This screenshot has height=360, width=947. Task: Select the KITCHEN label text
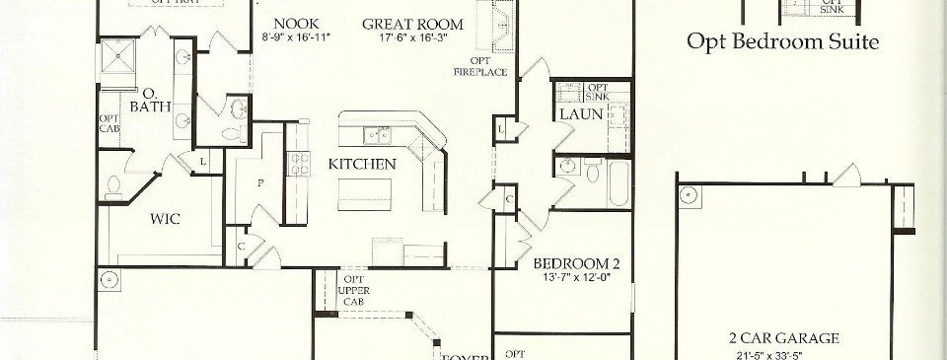tap(362, 164)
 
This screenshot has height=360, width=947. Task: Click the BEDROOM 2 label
tap(577, 263)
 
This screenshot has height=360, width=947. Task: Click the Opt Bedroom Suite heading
tap(782, 42)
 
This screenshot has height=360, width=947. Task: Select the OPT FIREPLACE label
tap(480, 67)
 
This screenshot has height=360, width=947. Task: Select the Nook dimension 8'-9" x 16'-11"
tap(296, 36)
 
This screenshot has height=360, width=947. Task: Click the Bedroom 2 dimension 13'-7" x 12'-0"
tap(576, 277)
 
